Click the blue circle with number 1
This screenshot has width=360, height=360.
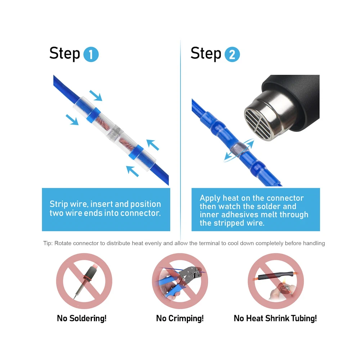point(91,54)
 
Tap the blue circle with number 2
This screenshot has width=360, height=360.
point(232,54)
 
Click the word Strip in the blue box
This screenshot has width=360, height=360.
point(59,204)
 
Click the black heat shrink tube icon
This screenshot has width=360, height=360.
point(275,275)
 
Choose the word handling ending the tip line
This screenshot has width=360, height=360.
point(314,243)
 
